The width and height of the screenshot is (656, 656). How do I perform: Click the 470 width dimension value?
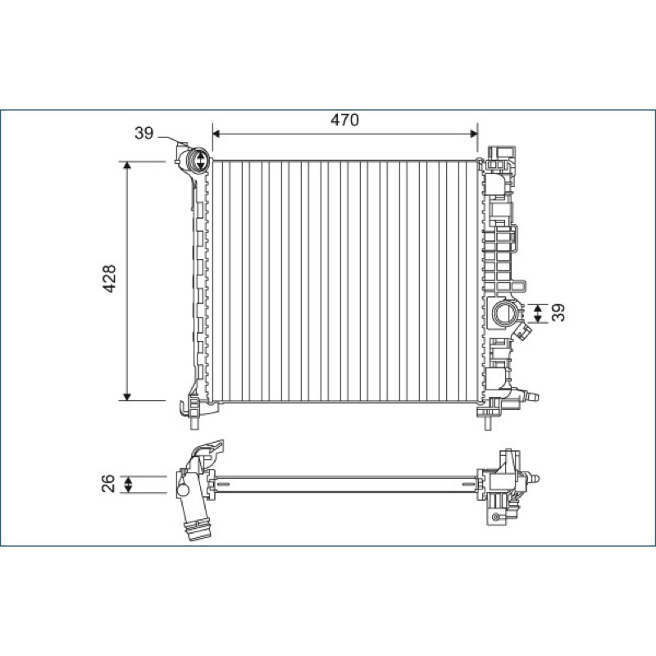click(344, 120)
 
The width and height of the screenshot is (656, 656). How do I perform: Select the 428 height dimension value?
click(110, 279)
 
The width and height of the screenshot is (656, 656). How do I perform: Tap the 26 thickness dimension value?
click(108, 483)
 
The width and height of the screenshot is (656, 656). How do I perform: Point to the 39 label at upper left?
click(144, 133)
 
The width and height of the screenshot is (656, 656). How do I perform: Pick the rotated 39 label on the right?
click(558, 312)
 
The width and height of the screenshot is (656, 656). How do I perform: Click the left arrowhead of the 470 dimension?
click(216, 134)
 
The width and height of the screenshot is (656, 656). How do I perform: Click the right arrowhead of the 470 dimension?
click(474, 134)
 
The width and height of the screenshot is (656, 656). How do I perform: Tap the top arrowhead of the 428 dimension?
click(127, 166)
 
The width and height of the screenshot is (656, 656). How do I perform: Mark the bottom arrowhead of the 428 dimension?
click(127, 397)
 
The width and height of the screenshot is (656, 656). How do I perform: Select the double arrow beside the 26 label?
click(129, 485)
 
